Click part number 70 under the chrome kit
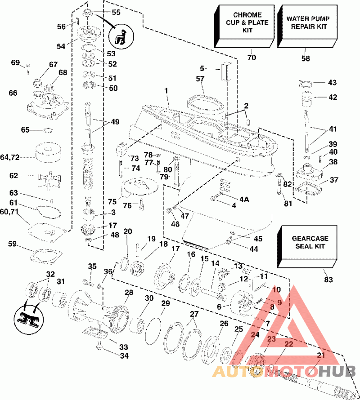coord(251,58)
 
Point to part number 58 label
coord(306,58)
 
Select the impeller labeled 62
coord(50,176)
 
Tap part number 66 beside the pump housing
coord(13,93)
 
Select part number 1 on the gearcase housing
coord(166,91)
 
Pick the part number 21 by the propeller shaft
coord(320,355)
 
